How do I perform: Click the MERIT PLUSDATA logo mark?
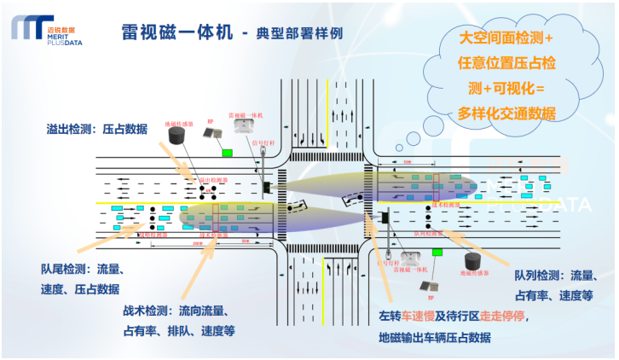[28, 27]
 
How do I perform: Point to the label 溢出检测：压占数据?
[96, 130]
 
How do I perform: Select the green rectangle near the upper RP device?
[227, 154]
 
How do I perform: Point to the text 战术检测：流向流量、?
[182, 311]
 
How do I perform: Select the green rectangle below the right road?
[437, 253]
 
